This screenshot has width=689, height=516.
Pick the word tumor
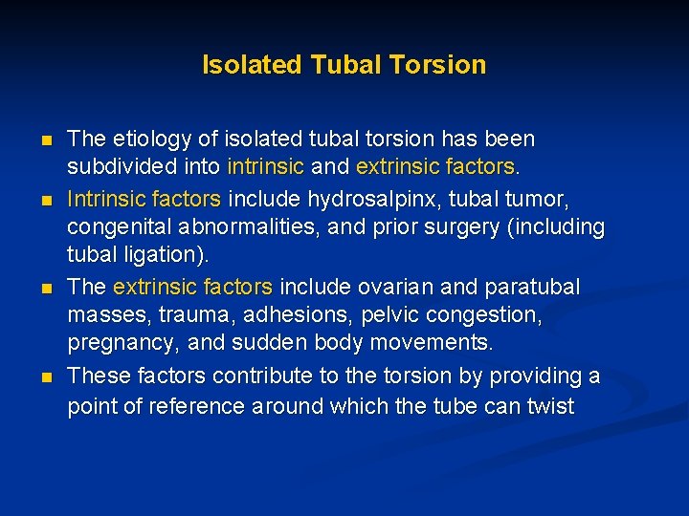[571, 199]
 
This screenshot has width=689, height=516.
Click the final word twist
[548, 405]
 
